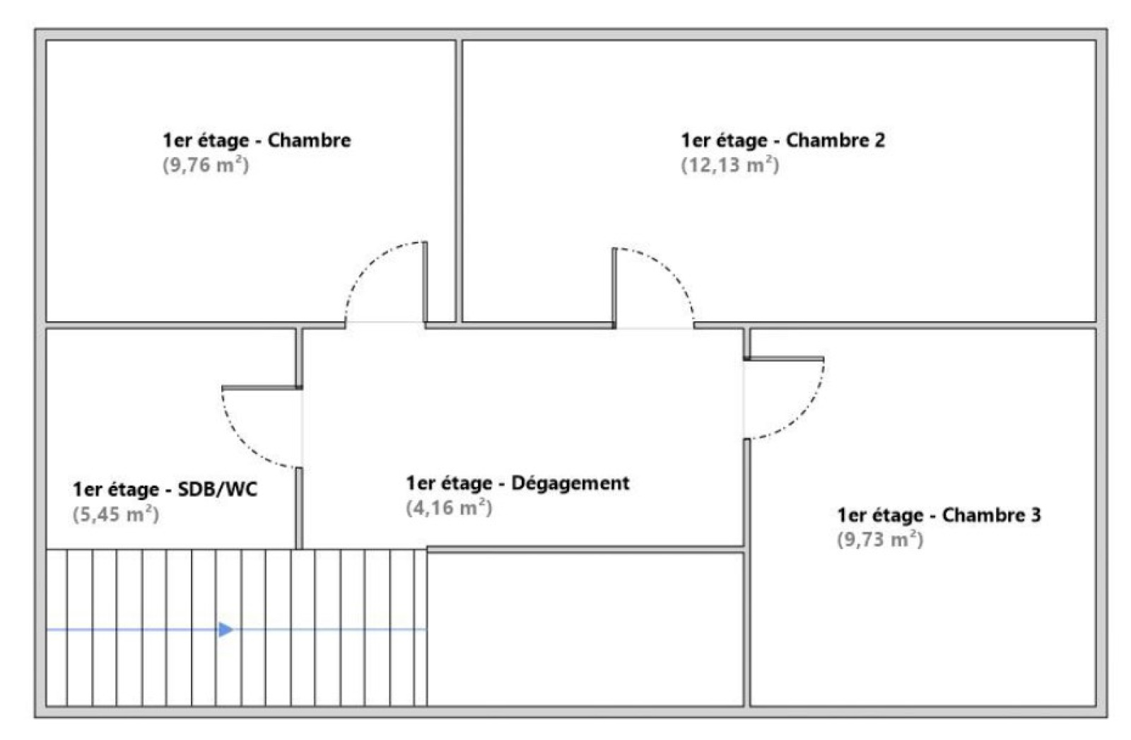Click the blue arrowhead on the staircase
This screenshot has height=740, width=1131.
point(225,629)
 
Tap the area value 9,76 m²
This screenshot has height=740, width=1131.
point(206,165)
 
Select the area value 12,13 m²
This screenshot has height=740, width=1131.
point(729,165)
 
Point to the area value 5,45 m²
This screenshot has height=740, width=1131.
point(115,514)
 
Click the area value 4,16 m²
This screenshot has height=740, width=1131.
point(448,508)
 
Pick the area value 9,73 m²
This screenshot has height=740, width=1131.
point(880,540)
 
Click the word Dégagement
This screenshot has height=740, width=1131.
point(570,483)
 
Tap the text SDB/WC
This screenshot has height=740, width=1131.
point(218,490)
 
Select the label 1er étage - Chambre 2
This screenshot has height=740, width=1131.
point(783,140)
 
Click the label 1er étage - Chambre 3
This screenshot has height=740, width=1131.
point(939,515)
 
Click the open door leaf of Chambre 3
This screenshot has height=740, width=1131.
point(784,359)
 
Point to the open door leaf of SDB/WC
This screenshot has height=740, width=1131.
point(262,388)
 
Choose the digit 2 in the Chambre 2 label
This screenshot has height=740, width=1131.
point(879,140)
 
